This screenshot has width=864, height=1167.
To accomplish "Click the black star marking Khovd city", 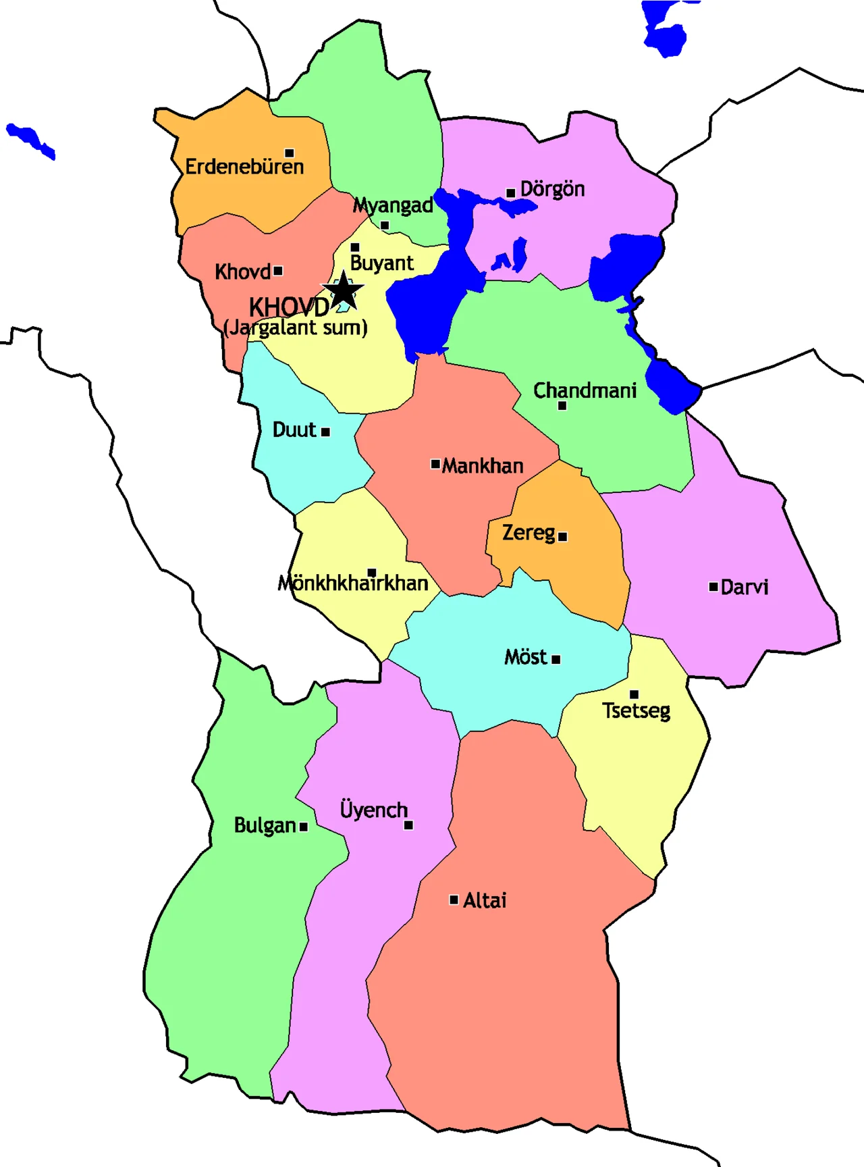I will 344,291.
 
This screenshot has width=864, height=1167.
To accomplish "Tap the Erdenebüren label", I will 244,167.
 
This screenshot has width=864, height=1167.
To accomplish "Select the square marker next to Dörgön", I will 510,192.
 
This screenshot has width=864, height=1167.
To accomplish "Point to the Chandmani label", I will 585,390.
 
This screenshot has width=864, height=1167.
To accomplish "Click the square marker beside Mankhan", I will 435,464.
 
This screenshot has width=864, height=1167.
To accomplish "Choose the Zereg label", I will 529,533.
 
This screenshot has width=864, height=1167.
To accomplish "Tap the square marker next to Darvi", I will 713,587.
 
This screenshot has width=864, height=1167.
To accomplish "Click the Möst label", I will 525,657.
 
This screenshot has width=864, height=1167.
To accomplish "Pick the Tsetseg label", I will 636,710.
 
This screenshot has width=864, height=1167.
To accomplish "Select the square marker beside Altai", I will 454,900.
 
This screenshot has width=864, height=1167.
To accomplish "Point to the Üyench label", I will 373,810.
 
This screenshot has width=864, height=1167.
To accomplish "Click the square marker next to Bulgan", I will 304,827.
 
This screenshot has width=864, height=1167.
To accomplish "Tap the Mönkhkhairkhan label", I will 353,583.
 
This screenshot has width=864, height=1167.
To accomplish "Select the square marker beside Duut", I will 325,432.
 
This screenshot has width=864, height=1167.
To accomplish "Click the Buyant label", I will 381,263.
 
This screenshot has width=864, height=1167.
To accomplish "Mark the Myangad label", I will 393,205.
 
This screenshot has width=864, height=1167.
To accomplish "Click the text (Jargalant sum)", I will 296,328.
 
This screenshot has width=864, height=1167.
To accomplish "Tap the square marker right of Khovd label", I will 278,271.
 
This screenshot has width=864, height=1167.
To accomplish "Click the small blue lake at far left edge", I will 30,140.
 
